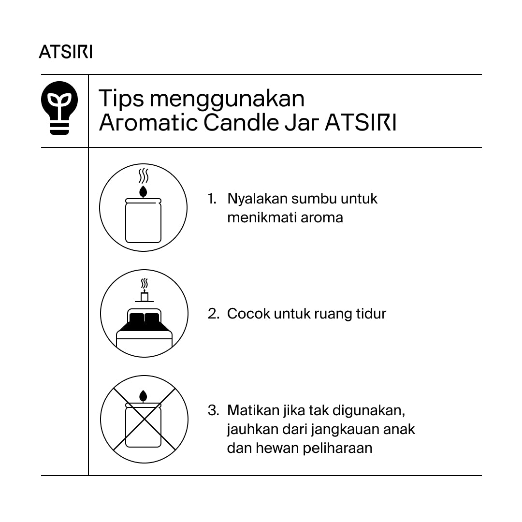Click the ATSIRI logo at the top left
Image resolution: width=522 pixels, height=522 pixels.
(x=66, y=52)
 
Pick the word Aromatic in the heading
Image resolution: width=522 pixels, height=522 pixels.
(x=148, y=123)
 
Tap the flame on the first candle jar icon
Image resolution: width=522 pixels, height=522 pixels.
(x=143, y=191)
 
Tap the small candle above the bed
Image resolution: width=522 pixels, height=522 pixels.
(x=144, y=296)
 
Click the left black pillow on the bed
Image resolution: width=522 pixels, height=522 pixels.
(x=137, y=319)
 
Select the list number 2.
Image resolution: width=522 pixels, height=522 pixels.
(x=213, y=314)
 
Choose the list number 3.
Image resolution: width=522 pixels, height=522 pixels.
(x=213, y=411)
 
